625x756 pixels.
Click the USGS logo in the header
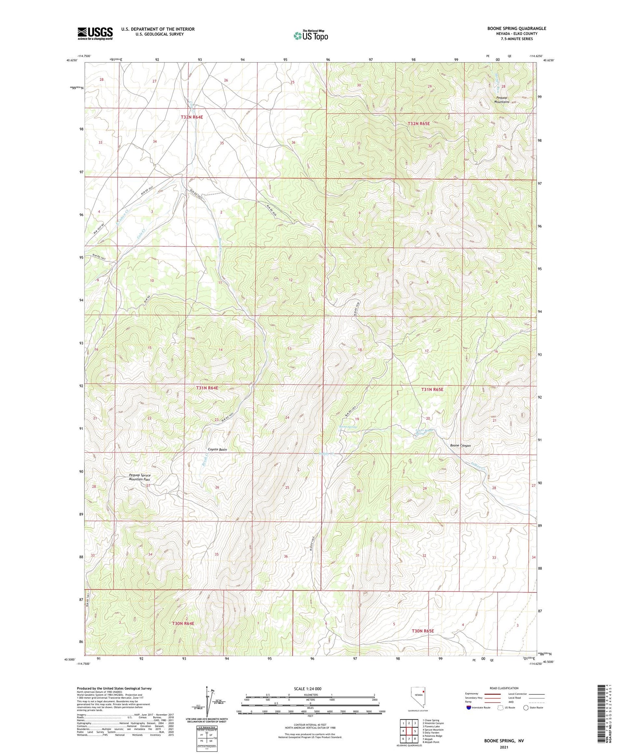(95, 33)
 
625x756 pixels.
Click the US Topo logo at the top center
(310, 35)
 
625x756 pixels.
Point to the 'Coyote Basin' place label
(217, 450)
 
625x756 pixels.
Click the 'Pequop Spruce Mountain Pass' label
(140, 477)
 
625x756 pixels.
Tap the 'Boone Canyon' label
(460, 445)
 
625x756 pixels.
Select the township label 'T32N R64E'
(192, 117)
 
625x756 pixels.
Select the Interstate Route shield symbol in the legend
(469, 708)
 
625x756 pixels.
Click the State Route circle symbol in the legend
(526, 708)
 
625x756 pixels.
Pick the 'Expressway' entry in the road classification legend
(473, 694)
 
